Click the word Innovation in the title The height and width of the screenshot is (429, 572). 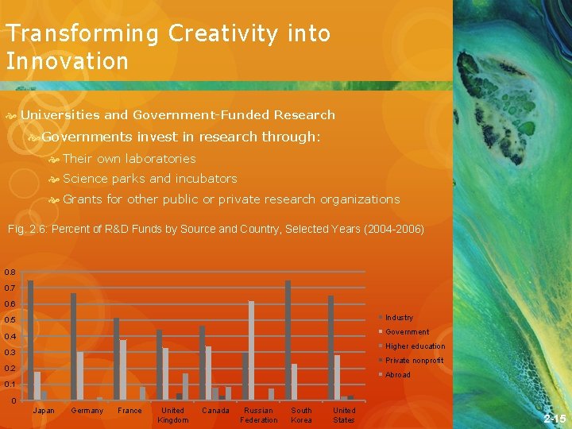(67, 61)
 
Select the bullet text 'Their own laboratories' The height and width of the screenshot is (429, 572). (129, 158)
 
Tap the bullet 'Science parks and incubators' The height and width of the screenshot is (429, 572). (149, 179)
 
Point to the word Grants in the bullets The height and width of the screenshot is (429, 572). (83, 199)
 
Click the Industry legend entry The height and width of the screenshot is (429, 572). (399, 318)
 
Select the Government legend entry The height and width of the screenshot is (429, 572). (407, 332)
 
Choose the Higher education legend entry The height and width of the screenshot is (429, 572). (415, 346)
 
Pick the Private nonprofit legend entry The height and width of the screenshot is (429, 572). (414, 361)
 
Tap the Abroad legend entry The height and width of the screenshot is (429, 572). (398, 375)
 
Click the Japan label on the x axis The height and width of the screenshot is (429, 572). (44, 411)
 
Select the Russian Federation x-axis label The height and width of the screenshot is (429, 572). (259, 415)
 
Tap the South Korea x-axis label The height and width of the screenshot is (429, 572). (302, 415)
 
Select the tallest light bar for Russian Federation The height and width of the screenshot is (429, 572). (252, 350)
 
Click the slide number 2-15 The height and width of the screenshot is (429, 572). (555, 418)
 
